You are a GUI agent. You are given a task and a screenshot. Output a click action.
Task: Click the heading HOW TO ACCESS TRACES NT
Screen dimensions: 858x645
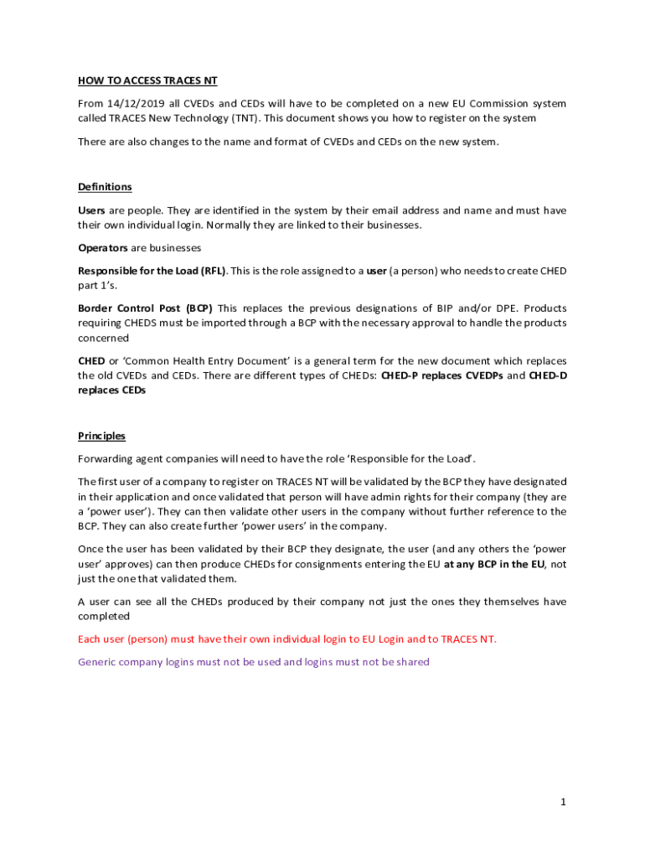click(147, 81)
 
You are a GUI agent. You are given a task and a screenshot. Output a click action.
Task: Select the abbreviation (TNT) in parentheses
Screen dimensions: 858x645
click(240, 119)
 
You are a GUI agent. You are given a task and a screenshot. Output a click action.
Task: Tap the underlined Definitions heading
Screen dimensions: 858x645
click(105, 187)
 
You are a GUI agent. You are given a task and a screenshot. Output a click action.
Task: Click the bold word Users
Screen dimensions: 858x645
click(91, 210)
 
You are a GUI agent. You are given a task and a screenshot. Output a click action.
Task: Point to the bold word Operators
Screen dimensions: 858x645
click(103, 248)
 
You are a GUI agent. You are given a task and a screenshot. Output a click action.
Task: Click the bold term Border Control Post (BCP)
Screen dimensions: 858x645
click(145, 308)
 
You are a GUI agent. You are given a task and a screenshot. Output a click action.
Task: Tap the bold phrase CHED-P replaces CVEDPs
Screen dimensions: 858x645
click(441, 375)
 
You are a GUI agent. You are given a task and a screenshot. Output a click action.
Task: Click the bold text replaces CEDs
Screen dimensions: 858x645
click(111, 390)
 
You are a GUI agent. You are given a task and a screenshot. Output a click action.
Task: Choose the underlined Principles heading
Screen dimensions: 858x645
click(101, 436)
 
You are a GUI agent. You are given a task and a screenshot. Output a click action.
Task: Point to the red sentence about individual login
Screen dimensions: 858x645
click(286, 639)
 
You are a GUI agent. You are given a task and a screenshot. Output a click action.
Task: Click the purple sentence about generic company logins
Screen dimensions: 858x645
click(253, 662)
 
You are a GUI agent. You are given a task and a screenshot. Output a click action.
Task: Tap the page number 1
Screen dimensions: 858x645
click(564, 803)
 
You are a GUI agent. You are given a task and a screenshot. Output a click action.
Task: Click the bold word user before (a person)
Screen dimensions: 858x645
click(376, 271)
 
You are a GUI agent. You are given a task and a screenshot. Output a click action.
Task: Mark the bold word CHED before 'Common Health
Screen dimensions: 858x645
click(91, 360)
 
